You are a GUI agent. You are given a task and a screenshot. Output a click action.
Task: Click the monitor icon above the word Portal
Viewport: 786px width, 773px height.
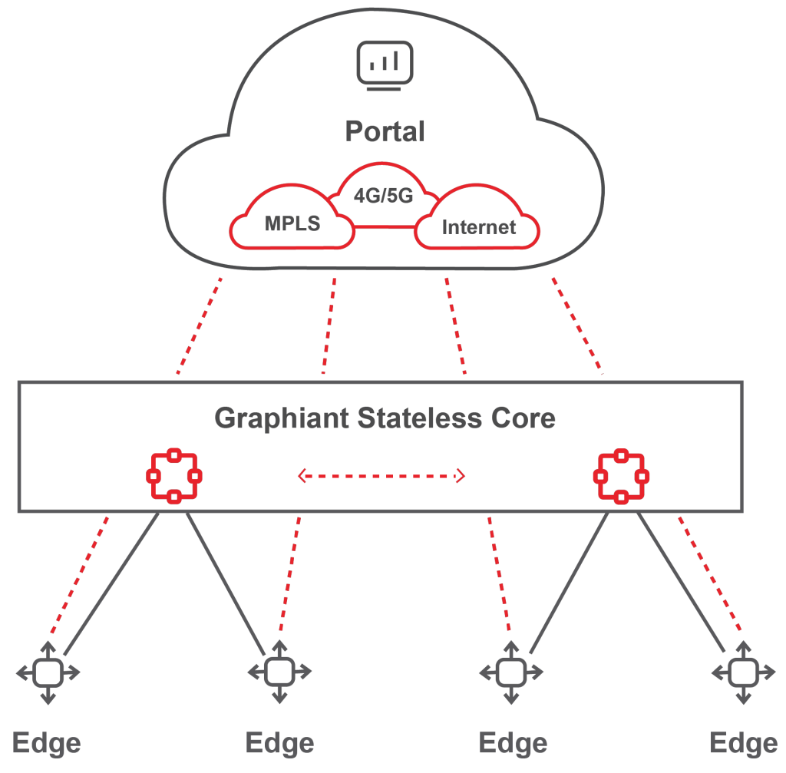coord(385,65)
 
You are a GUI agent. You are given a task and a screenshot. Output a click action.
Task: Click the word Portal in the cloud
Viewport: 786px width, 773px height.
coord(385,131)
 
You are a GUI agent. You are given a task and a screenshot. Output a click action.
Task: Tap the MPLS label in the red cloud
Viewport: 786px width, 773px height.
coord(292,224)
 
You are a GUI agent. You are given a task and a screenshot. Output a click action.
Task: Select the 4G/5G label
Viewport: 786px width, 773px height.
coord(383,196)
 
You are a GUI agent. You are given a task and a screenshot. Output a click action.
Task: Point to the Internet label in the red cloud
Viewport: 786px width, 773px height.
coord(479,227)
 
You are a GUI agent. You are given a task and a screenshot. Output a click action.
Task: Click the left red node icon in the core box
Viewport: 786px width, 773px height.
coord(173,477)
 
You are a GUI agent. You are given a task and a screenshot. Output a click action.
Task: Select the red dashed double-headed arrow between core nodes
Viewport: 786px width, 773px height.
coord(381,477)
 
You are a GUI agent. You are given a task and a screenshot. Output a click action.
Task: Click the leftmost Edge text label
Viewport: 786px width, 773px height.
coord(47,743)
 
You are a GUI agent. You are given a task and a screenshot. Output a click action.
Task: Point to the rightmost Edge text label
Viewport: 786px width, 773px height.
coord(743,743)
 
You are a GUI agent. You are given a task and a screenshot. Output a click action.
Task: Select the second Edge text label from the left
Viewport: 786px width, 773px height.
coord(279,743)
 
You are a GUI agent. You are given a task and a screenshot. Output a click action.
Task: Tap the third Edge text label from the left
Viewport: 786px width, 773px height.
coord(512,743)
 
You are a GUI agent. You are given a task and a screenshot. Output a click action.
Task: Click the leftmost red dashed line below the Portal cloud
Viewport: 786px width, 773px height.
coord(200,325)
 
